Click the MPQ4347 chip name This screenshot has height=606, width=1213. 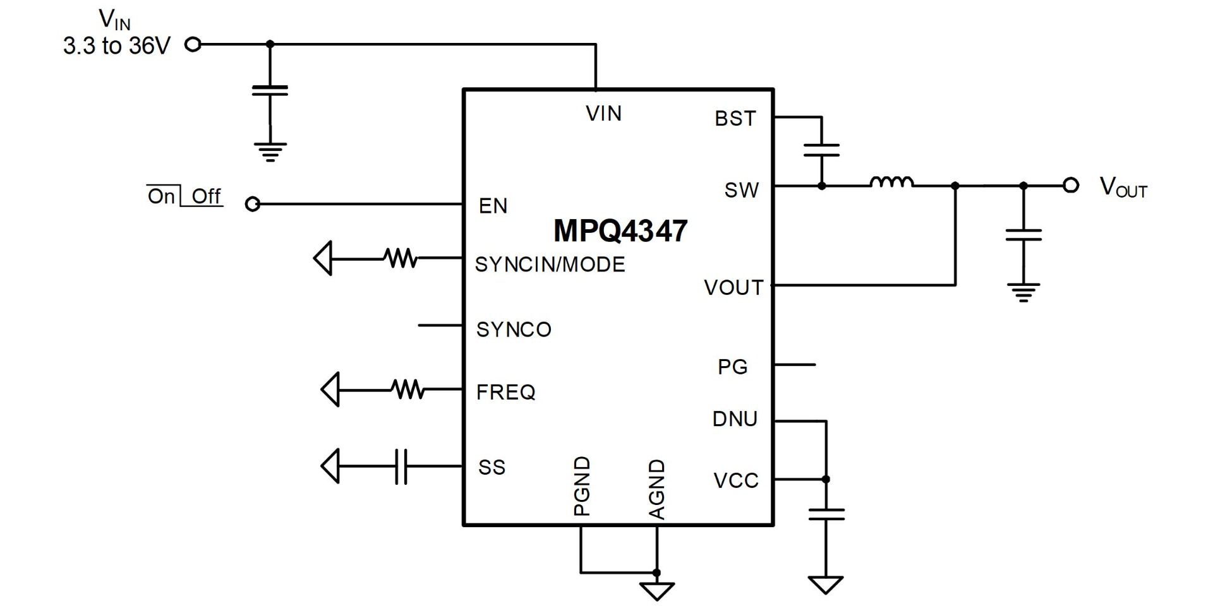[x=620, y=231]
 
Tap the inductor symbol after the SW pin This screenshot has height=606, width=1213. [x=891, y=183]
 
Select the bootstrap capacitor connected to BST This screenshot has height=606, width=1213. [x=821, y=150]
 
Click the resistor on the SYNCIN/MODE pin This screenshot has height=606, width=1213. [x=401, y=258]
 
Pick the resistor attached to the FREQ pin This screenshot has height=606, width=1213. [x=408, y=389]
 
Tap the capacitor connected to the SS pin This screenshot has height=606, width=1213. [x=401, y=466]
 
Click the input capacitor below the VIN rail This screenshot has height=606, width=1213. [x=270, y=90]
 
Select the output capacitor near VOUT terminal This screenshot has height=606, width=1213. [x=1023, y=235]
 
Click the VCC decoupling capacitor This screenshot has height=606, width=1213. [x=826, y=514]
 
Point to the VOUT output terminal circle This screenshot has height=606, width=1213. [x=1070, y=186]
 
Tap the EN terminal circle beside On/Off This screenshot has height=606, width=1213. [x=252, y=204]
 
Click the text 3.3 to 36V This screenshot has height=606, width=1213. [x=117, y=46]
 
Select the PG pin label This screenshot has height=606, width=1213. [x=732, y=367]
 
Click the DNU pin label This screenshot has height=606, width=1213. [x=734, y=419]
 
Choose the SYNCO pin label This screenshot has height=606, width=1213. [x=514, y=330]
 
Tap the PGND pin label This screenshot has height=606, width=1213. [x=581, y=486]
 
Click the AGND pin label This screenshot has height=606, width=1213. [x=657, y=489]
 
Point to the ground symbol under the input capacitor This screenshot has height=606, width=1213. [x=270, y=152]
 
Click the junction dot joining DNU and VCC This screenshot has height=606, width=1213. [x=826, y=479]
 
